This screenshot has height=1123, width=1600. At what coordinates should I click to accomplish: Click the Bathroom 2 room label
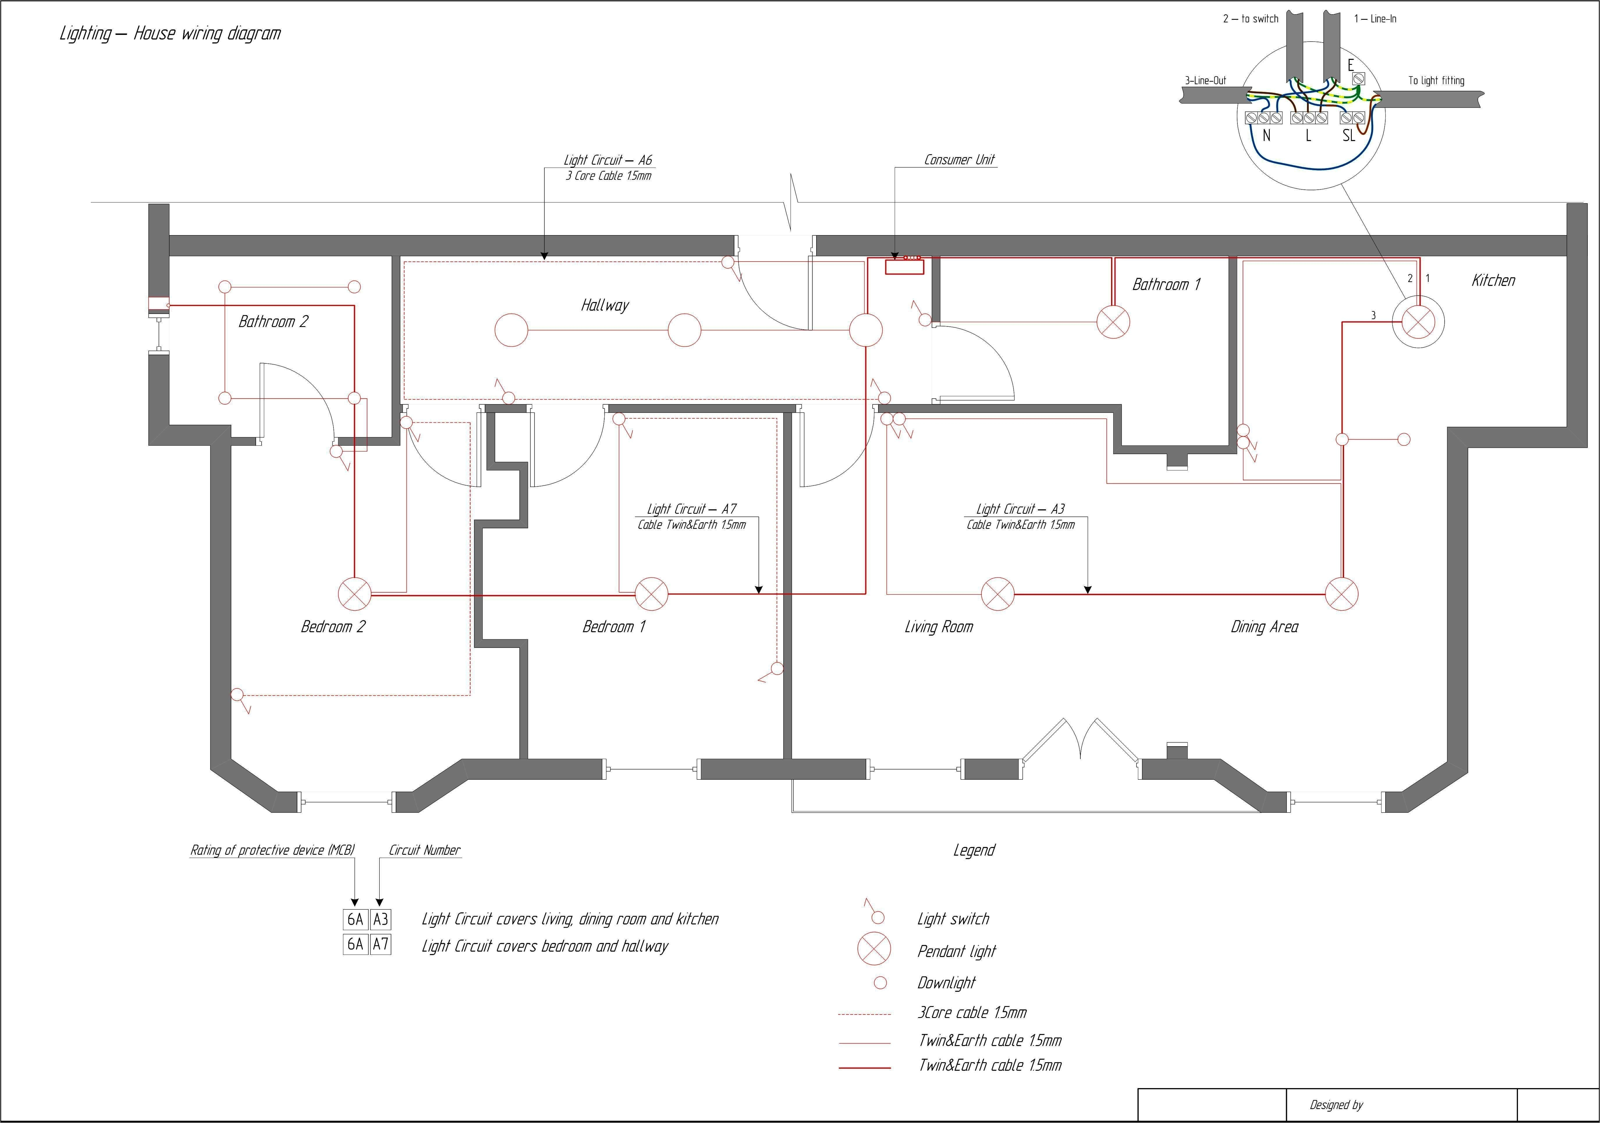tap(273, 321)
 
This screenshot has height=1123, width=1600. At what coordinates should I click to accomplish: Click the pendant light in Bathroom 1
tap(1113, 322)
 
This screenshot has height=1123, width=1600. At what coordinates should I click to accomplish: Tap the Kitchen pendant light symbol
tap(1418, 322)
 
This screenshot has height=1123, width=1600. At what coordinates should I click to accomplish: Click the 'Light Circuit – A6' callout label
tap(608, 160)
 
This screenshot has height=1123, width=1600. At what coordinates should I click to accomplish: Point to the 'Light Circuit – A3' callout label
tap(1020, 509)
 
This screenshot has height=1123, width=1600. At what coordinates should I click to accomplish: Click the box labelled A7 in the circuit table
tap(381, 945)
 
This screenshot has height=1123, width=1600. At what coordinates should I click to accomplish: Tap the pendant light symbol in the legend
tap(874, 949)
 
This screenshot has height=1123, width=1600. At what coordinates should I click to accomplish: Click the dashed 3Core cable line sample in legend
tap(864, 1014)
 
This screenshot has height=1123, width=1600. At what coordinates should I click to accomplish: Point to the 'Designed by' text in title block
tap(1336, 1105)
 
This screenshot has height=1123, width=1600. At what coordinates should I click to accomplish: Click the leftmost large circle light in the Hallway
tap(512, 330)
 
